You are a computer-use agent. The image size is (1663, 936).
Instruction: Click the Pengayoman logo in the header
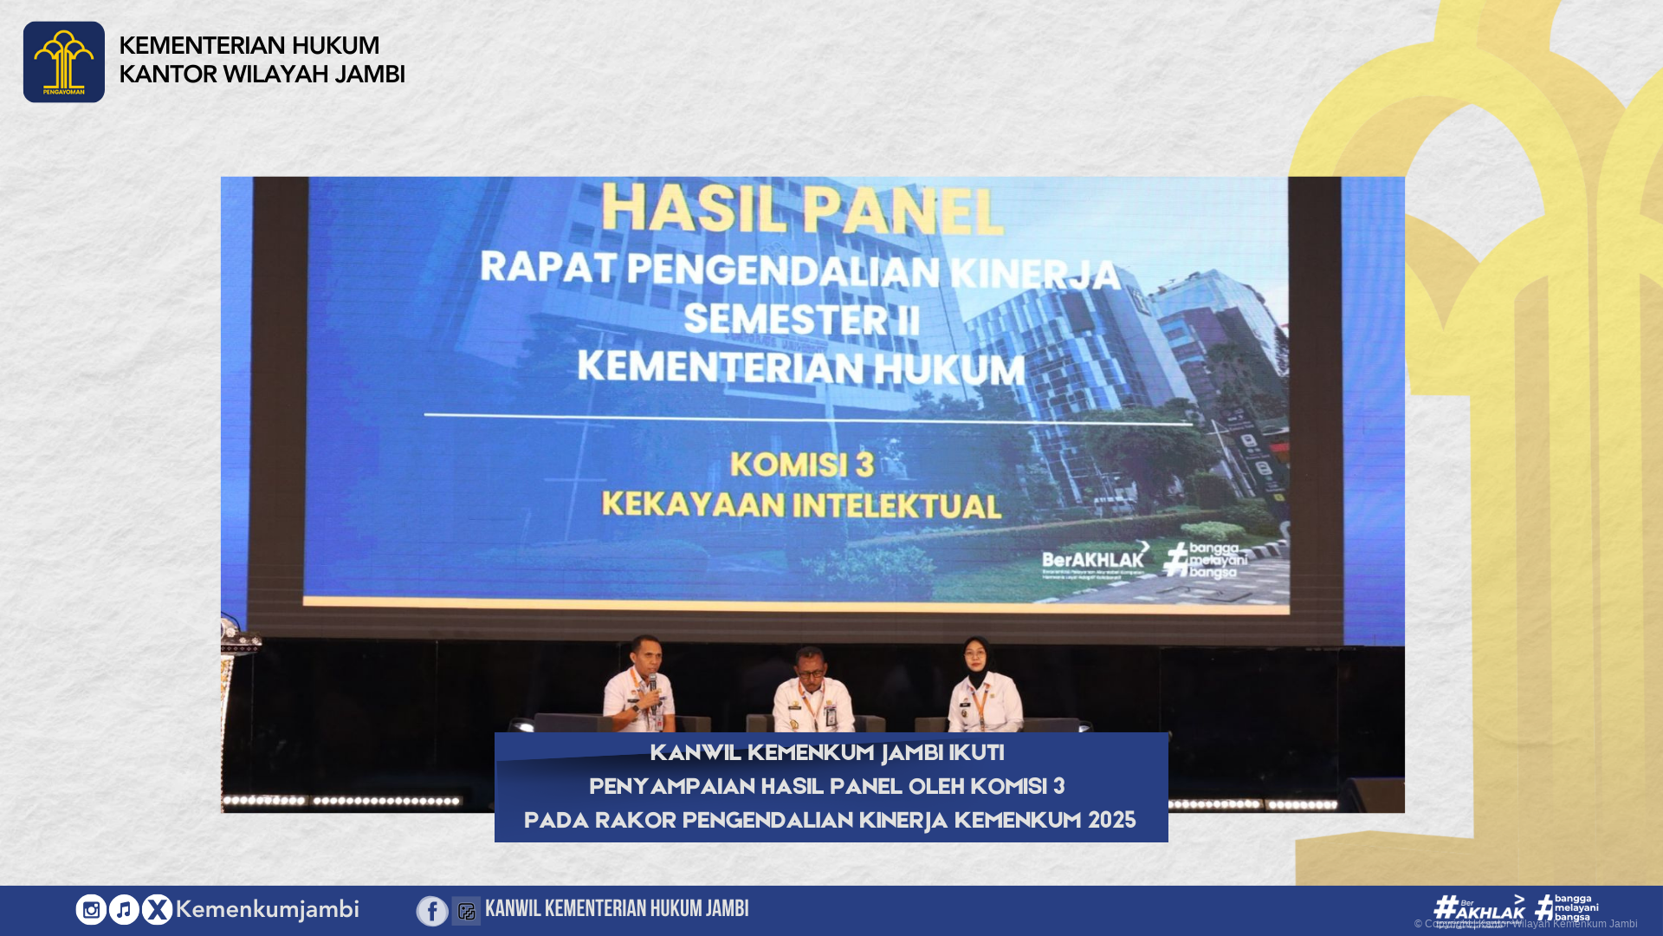tap(63, 62)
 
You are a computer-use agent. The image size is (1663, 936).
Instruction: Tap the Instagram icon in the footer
tap(91, 909)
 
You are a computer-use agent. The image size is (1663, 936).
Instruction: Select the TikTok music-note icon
tap(124, 909)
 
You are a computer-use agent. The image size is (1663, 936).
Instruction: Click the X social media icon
tap(157, 909)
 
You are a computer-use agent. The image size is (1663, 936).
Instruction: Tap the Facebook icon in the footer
tap(432, 911)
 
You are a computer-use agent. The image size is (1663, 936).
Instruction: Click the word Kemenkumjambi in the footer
tap(267, 909)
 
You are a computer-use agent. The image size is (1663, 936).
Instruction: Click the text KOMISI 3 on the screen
tap(802, 465)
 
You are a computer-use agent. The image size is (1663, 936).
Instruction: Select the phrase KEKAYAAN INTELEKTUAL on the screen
tap(801, 504)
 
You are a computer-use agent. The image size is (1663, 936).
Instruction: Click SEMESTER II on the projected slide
tap(801, 320)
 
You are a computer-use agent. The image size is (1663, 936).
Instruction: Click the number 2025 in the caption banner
tap(1111, 820)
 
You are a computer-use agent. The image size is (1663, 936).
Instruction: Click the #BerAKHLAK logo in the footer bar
tap(1479, 907)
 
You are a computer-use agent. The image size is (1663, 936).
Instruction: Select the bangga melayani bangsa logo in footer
tap(1567, 907)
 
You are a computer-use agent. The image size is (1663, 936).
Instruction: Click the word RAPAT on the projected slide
tap(548, 267)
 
